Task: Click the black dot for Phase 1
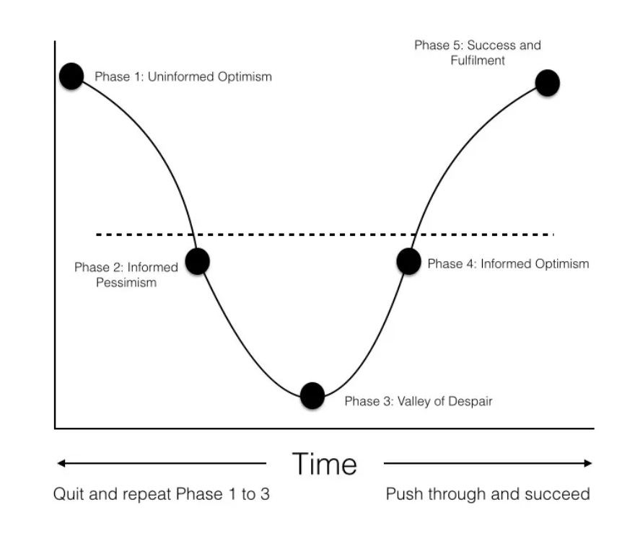click(71, 76)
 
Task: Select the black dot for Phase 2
click(197, 261)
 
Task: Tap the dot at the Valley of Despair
click(312, 395)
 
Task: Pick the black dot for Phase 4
click(408, 261)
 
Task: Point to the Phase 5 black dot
click(548, 83)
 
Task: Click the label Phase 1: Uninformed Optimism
click(183, 76)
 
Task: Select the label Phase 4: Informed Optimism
click(508, 264)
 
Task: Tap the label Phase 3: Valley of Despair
click(418, 401)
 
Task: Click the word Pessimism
click(126, 283)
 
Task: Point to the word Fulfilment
click(478, 61)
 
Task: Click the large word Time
click(325, 464)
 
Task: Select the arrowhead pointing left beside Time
click(61, 463)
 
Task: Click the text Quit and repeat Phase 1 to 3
click(162, 495)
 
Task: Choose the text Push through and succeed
click(488, 495)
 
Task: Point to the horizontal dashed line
click(325, 234)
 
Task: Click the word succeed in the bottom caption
click(561, 495)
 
